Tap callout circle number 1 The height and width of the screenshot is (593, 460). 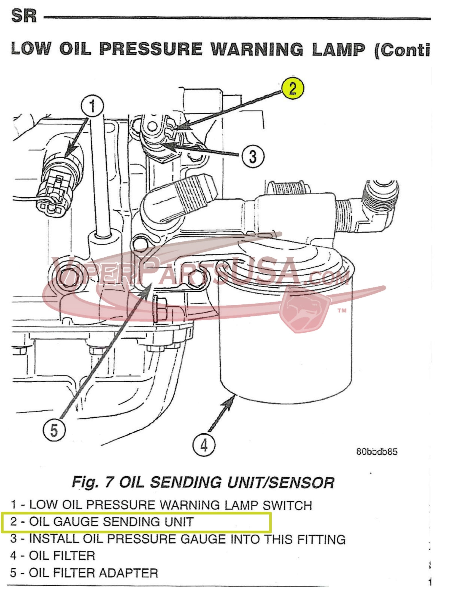[x=93, y=106]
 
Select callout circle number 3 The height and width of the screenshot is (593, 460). [x=252, y=156]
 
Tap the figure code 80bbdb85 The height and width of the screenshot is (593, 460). [x=377, y=451]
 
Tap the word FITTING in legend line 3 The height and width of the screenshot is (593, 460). [x=321, y=539]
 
